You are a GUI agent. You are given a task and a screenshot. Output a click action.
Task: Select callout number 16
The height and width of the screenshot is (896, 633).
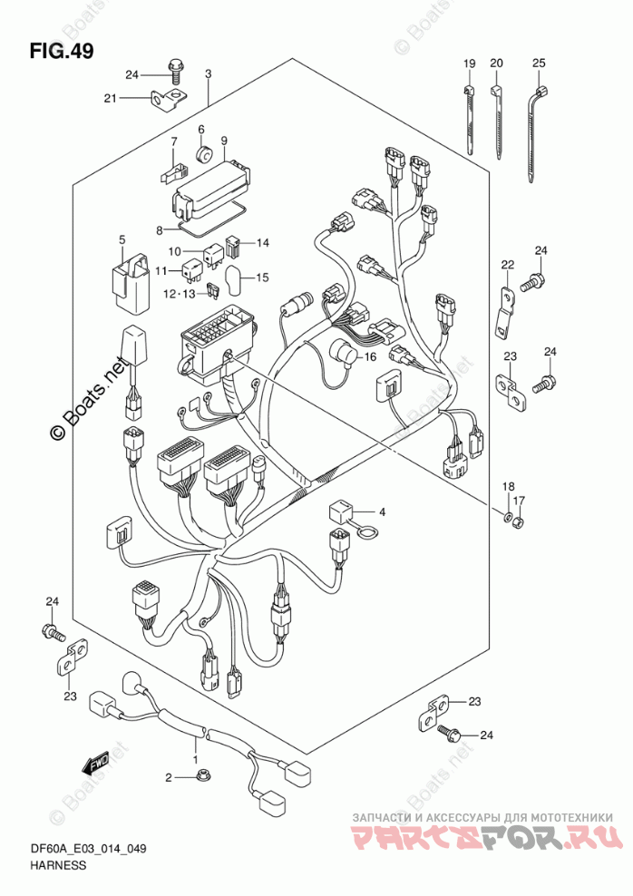pos(369,357)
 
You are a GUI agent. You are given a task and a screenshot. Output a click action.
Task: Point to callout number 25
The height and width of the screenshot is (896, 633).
pos(539,63)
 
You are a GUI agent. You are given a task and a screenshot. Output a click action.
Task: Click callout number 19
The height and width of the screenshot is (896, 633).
pos(470,63)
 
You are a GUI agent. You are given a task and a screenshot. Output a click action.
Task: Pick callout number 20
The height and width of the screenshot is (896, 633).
pos(496,63)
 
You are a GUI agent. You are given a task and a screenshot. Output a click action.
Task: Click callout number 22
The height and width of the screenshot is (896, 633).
pos(508,265)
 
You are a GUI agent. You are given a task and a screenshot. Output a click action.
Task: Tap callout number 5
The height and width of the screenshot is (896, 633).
pos(121,239)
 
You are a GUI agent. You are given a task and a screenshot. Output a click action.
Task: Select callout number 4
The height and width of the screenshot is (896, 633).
pos(382,512)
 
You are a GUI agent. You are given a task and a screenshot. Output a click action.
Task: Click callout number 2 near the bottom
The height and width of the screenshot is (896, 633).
pos(168,777)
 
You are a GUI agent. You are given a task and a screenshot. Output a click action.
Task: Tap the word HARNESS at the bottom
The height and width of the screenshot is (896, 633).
pos(62,865)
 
